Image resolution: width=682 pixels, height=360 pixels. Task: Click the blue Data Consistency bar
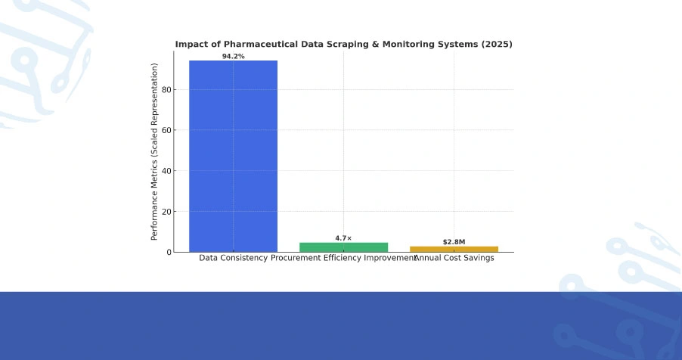tap(233, 156)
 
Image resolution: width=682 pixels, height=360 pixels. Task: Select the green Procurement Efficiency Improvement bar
tap(343, 247)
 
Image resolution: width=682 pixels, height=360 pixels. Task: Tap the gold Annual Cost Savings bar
tap(454, 248)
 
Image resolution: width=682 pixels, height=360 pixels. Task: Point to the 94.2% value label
tap(233, 57)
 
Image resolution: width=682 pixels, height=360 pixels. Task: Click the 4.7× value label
tap(343, 238)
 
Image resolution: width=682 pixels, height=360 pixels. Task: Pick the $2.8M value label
tap(454, 242)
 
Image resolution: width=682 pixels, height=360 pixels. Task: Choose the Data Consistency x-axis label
tap(233, 258)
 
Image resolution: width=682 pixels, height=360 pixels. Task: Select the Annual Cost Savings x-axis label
tap(454, 258)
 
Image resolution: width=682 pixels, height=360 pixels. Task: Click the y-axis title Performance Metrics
tap(155, 151)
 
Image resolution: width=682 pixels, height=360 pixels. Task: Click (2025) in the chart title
tap(498, 45)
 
